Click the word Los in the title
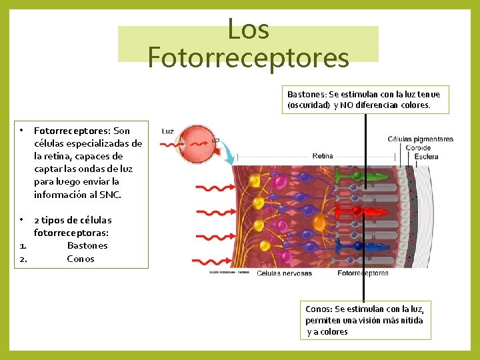tap(248, 29)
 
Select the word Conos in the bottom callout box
tap(319, 309)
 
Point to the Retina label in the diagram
tap(323, 156)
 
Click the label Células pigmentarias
tap(420, 139)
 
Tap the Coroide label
tap(418, 148)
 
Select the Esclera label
tap(426, 157)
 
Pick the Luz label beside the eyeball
tap(168, 131)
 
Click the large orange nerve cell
tap(320, 222)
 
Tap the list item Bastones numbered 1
tap(87, 245)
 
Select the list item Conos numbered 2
tap(81, 259)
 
